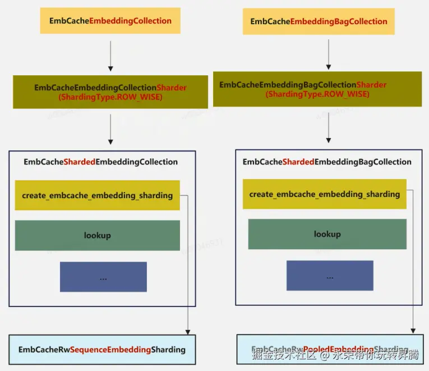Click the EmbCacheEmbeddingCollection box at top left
tap(110, 21)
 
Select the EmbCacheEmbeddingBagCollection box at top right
tap(319, 22)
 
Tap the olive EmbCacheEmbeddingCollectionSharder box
tap(110, 92)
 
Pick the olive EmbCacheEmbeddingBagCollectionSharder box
tap(317, 89)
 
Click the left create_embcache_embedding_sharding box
tap(97, 195)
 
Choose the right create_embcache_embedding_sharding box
tap(324, 194)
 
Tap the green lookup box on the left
tap(97, 235)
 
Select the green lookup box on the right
tap(327, 234)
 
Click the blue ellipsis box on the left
tap(103, 277)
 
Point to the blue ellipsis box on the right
tap(330, 276)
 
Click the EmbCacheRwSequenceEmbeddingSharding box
tap(102, 350)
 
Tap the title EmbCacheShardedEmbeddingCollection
tap(101, 162)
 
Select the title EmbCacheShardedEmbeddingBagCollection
tap(327, 162)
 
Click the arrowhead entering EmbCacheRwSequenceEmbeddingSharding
tap(187, 331)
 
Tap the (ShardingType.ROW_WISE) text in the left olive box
tap(111, 97)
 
